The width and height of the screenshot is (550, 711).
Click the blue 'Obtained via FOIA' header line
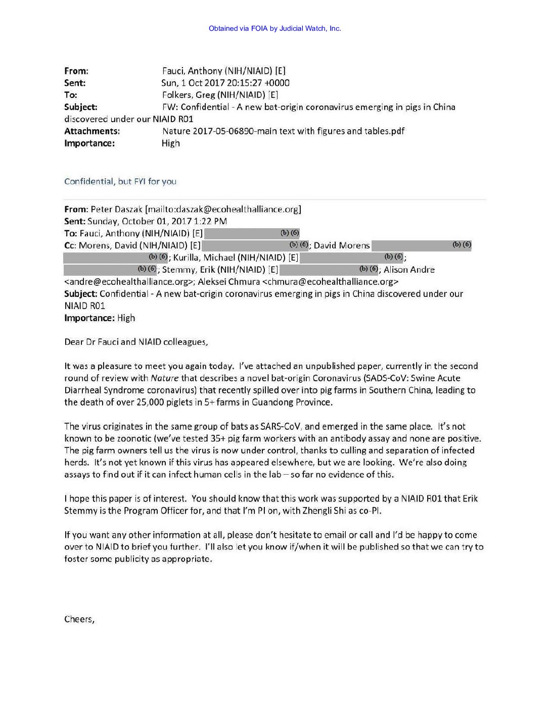[x=274, y=28]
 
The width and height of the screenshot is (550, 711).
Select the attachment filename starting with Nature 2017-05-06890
[x=283, y=131]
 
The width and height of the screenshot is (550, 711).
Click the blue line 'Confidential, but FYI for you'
[x=120, y=181]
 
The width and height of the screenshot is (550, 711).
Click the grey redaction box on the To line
[x=252, y=233]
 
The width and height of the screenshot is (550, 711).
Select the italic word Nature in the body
[x=165, y=378]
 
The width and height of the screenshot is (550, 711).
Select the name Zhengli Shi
[x=320, y=511]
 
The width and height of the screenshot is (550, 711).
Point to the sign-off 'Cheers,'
[x=79, y=620]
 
